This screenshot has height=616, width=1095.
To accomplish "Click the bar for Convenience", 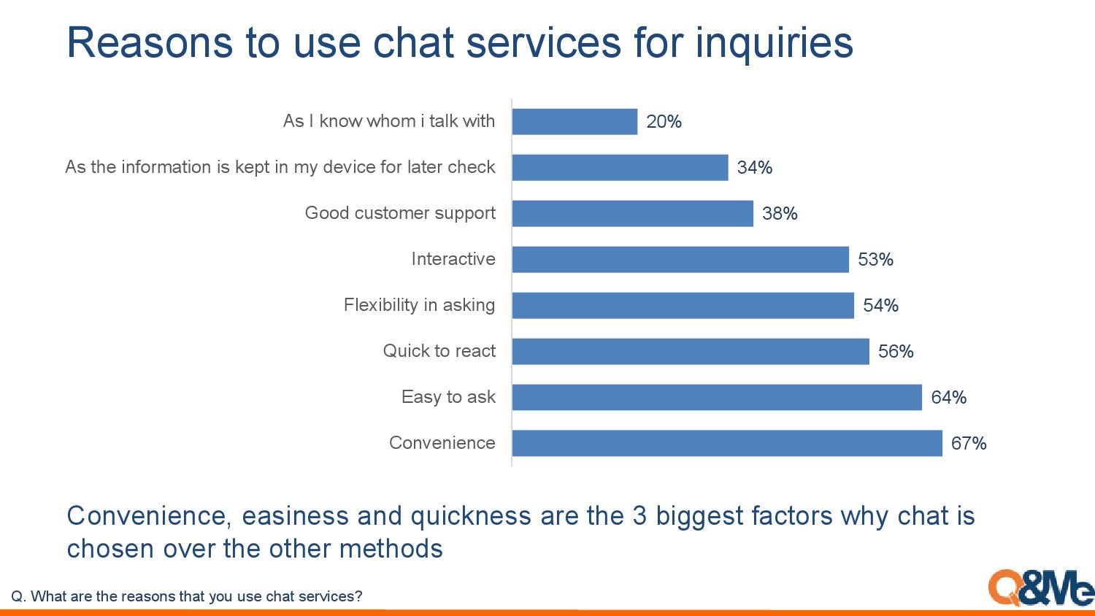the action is [727, 443].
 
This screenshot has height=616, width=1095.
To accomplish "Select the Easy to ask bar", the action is [717, 397].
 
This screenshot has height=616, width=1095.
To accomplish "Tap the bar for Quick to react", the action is [691, 351].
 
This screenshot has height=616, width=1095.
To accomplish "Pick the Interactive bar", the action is [680, 259].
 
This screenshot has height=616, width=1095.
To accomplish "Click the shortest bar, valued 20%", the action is [575, 121].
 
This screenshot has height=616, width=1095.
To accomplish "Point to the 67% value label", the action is [969, 444].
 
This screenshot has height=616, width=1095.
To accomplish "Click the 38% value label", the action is [780, 214].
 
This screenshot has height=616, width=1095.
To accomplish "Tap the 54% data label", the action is [881, 306].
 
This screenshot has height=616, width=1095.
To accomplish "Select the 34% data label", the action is [755, 168].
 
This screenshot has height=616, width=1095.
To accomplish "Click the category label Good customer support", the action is [400, 213].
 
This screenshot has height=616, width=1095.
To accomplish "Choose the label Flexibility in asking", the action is [420, 305].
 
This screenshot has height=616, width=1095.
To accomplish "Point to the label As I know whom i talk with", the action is [389, 120].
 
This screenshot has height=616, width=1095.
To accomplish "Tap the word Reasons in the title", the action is [149, 42].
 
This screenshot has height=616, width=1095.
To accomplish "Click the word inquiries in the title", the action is [775, 44].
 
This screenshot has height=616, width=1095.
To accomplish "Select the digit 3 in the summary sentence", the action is [640, 516].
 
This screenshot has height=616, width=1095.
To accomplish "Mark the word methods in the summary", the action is [391, 549].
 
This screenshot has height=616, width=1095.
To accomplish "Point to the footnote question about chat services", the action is [187, 596].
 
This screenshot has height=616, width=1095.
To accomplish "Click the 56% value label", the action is [896, 352].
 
